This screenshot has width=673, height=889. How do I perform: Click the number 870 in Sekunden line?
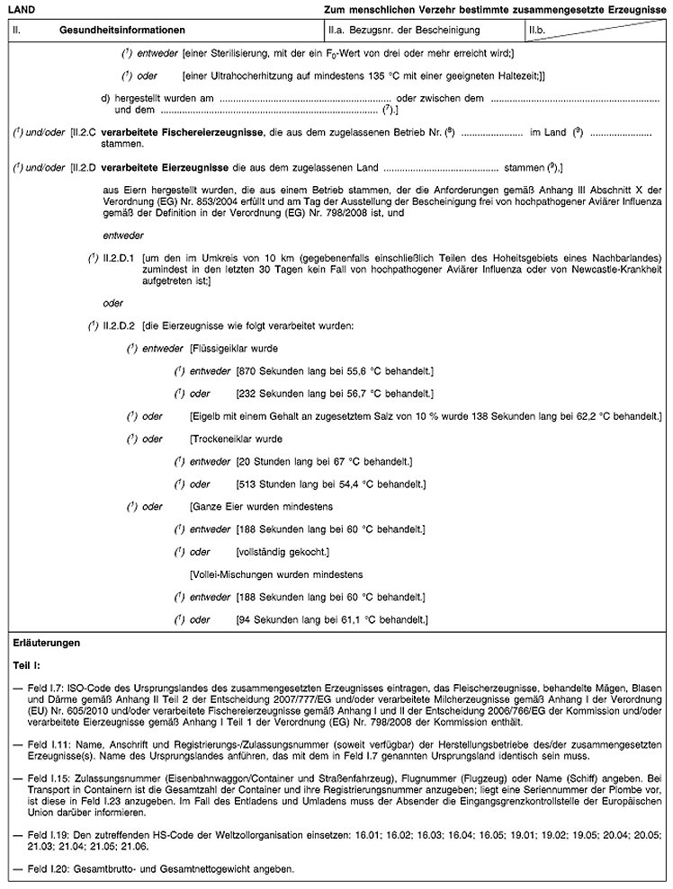coord(247,370)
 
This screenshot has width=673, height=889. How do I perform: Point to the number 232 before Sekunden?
coord(247,393)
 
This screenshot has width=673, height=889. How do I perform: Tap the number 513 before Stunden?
coord(247,485)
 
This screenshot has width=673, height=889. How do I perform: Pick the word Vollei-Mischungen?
coord(234,573)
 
